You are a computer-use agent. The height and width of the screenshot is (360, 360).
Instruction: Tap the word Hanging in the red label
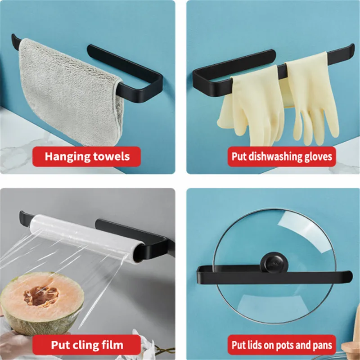[66, 157]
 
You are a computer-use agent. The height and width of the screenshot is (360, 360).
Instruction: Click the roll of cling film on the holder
[85, 236]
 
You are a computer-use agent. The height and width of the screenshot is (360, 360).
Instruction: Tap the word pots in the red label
[283, 345]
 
